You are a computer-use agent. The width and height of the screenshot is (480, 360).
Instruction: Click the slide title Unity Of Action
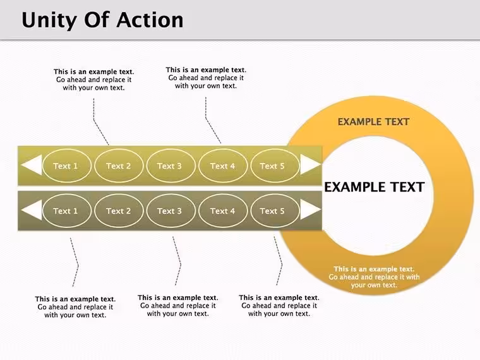102,20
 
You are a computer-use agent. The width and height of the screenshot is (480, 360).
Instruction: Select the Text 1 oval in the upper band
66,165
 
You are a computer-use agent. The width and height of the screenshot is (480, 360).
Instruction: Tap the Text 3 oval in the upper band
171,165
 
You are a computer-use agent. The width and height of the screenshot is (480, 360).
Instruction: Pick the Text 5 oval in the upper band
275,165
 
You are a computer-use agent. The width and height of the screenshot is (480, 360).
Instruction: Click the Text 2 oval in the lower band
119,210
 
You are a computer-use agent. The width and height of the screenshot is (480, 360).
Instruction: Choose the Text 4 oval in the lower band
222,210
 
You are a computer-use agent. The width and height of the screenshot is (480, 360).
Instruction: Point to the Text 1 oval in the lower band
66,210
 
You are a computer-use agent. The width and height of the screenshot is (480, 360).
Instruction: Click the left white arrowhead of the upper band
32,165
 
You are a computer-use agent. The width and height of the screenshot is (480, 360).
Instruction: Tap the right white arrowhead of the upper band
310,164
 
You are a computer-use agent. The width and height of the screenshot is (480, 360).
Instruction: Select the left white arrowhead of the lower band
32,210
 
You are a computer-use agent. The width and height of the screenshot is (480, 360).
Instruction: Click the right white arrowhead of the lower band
310,210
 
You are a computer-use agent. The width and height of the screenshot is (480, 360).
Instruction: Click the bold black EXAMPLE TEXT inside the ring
374,187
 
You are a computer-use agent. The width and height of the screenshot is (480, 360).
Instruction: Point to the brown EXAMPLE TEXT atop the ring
373,122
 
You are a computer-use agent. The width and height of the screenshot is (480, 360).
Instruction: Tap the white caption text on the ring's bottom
374,277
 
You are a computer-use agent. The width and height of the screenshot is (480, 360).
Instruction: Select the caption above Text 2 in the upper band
93,80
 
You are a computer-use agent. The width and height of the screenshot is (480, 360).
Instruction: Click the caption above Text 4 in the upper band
206,78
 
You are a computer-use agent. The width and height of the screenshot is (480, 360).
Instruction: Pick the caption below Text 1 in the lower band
75,307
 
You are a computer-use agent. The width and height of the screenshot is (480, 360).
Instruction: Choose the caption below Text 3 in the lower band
178,306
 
